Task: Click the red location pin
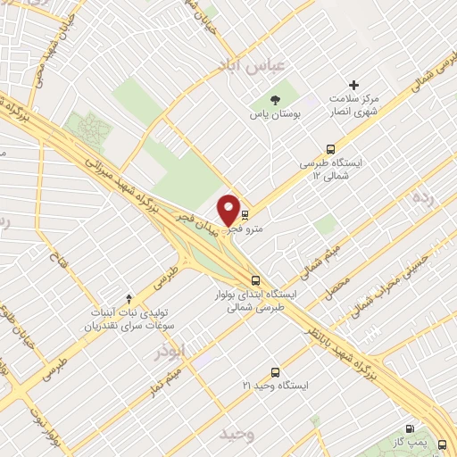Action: pyautogui.click(x=228, y=211)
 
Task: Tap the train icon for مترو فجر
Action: pyautogui.click(x=245, y=214)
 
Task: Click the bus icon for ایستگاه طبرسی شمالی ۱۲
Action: pyautogui.click(x=331, y=149)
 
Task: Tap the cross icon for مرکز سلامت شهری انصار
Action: pyautogui.click(x=353, y=86)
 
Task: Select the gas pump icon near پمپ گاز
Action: pyautogui.click(x=410, y=429)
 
